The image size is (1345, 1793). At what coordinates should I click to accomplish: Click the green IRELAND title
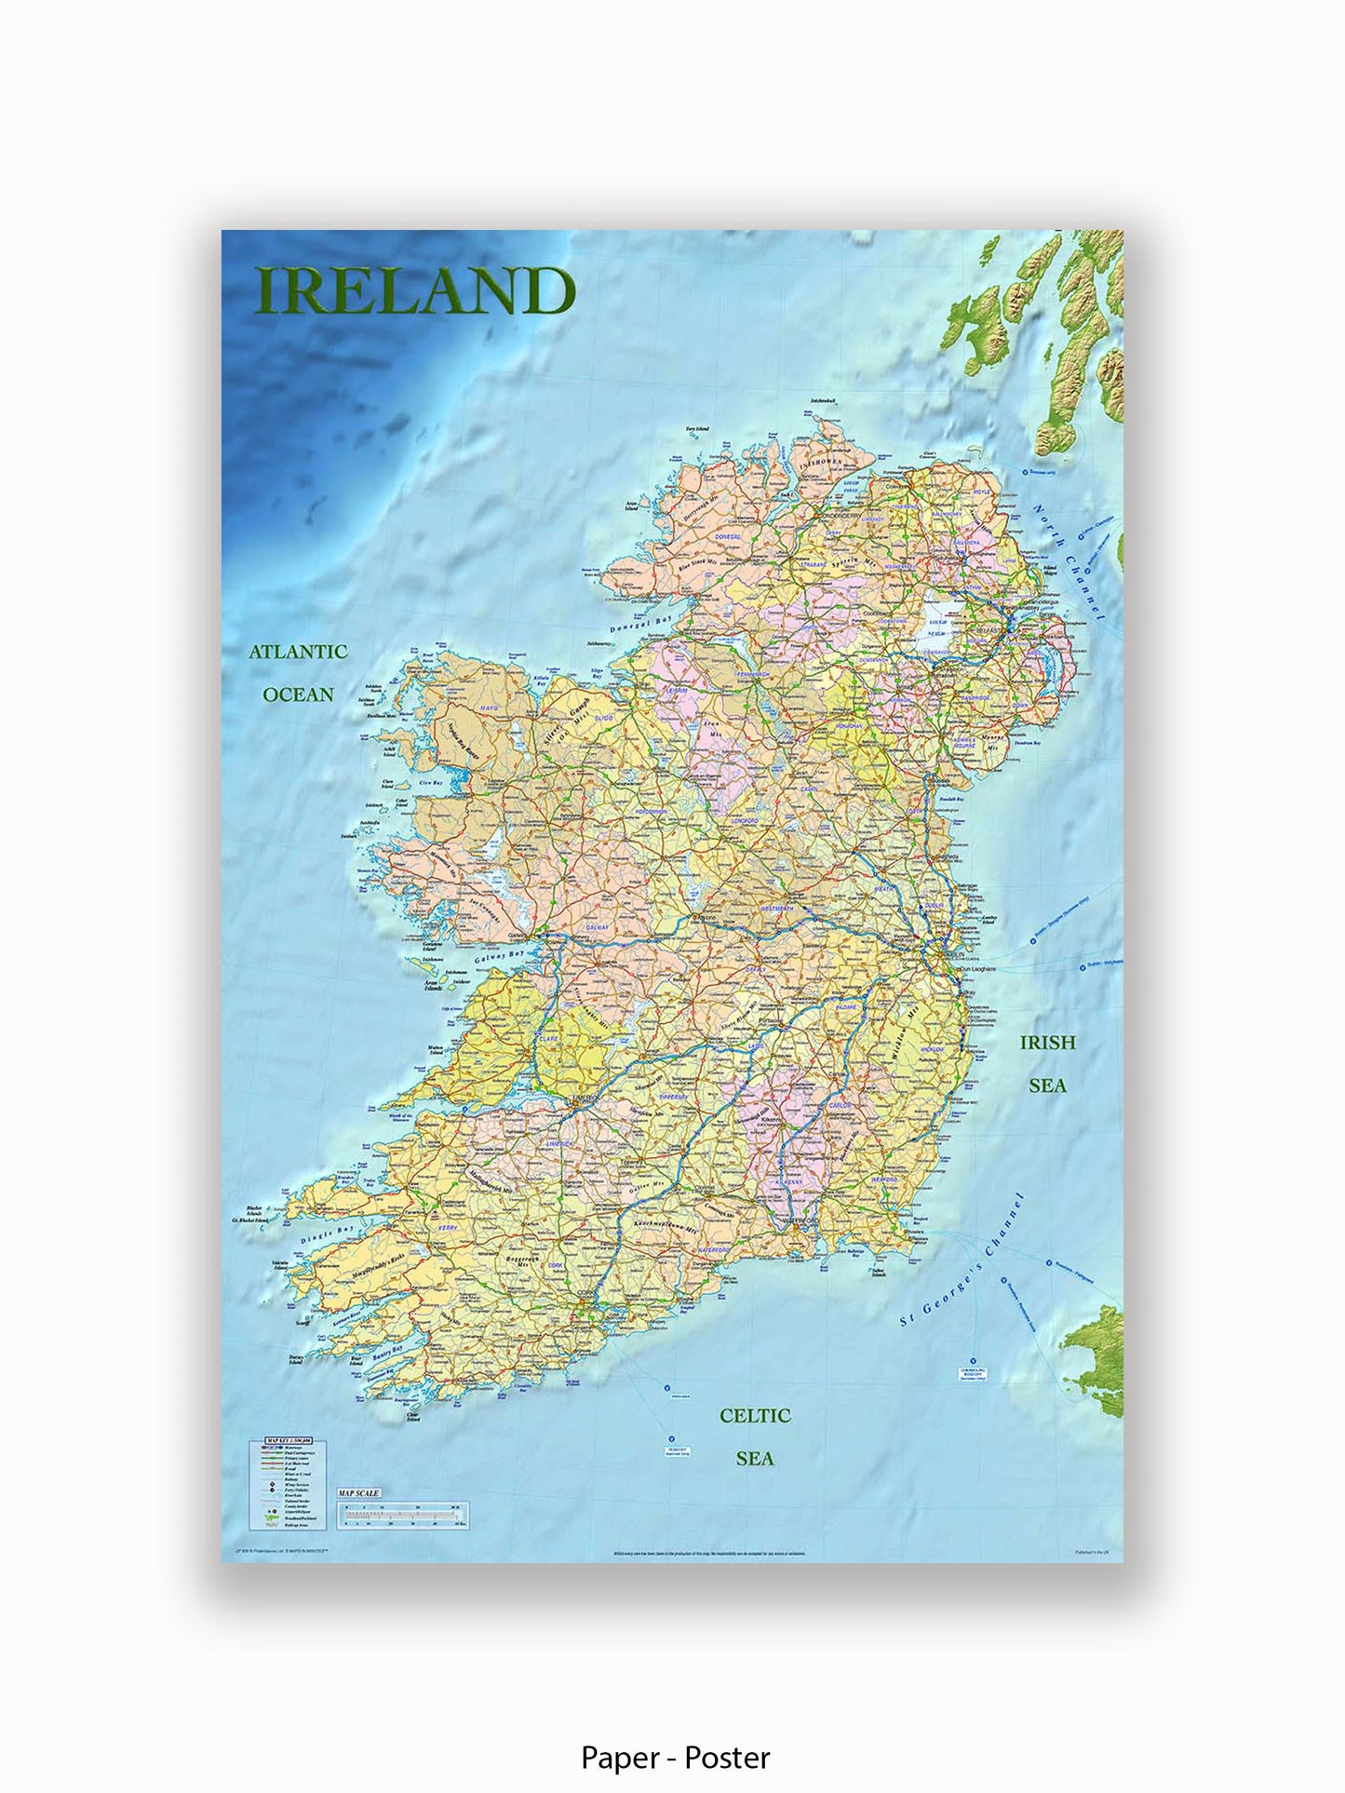point(415,291)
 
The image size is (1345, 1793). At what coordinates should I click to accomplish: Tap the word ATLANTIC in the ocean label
point(298,652)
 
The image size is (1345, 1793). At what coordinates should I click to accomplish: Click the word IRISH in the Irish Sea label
point(1047,1043)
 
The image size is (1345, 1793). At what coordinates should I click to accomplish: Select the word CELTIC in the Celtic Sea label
point(755,1416)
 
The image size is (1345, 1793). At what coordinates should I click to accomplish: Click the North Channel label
point(1069,562)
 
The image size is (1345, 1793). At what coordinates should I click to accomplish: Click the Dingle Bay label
point(328,1235)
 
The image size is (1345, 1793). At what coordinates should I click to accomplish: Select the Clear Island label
point(413,1418)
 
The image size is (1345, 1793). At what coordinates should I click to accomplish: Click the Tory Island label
point(697,429)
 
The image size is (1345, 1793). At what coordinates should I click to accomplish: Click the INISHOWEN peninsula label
point(818,460)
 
